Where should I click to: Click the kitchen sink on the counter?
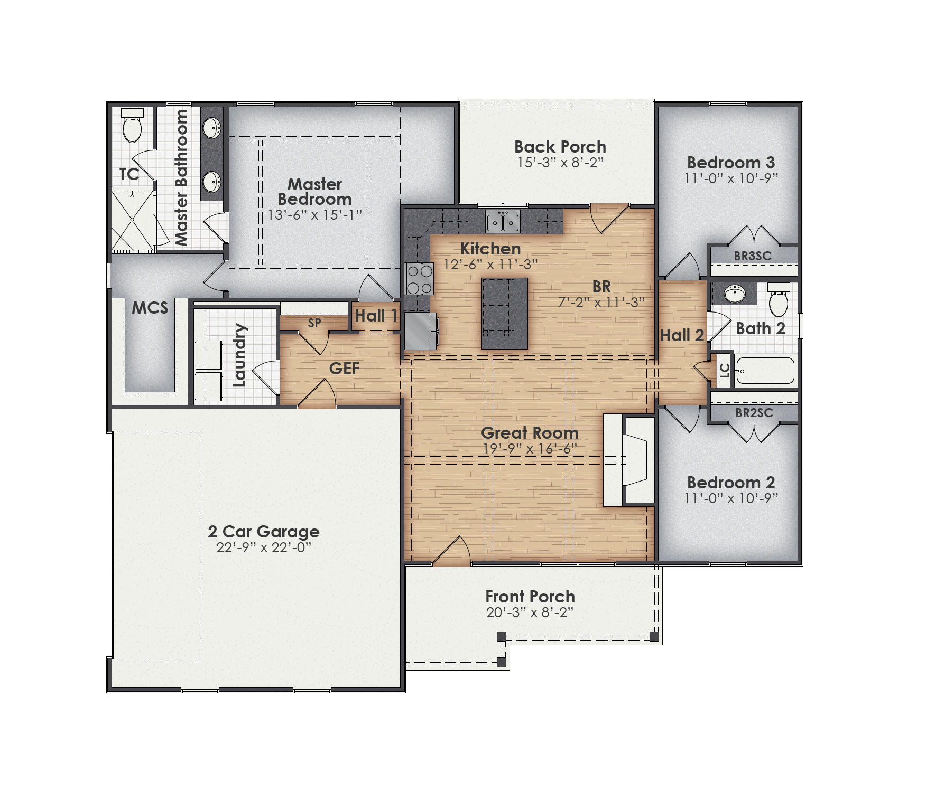[x=503, y=222]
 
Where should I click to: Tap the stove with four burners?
[x=419, y=279]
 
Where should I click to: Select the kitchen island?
[x=504, y=313]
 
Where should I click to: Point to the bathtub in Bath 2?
[x=764, y=371]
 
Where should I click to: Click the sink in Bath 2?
[x=734, y=294]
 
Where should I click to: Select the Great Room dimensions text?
[x=530, y=449]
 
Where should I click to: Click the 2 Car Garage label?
[x=264, y=531]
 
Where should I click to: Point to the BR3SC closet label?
[x=753, y=256]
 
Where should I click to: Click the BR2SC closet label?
[x=754, y=413]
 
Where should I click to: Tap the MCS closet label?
[x=150, y=308]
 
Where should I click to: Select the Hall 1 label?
[x=376, y=316]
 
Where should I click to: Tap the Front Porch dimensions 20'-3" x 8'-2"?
[x=530, y=612]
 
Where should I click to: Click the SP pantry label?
[x=314, y=323]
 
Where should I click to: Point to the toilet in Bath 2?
[x=778, y=301]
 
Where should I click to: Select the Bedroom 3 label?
[x=730, y=162]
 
